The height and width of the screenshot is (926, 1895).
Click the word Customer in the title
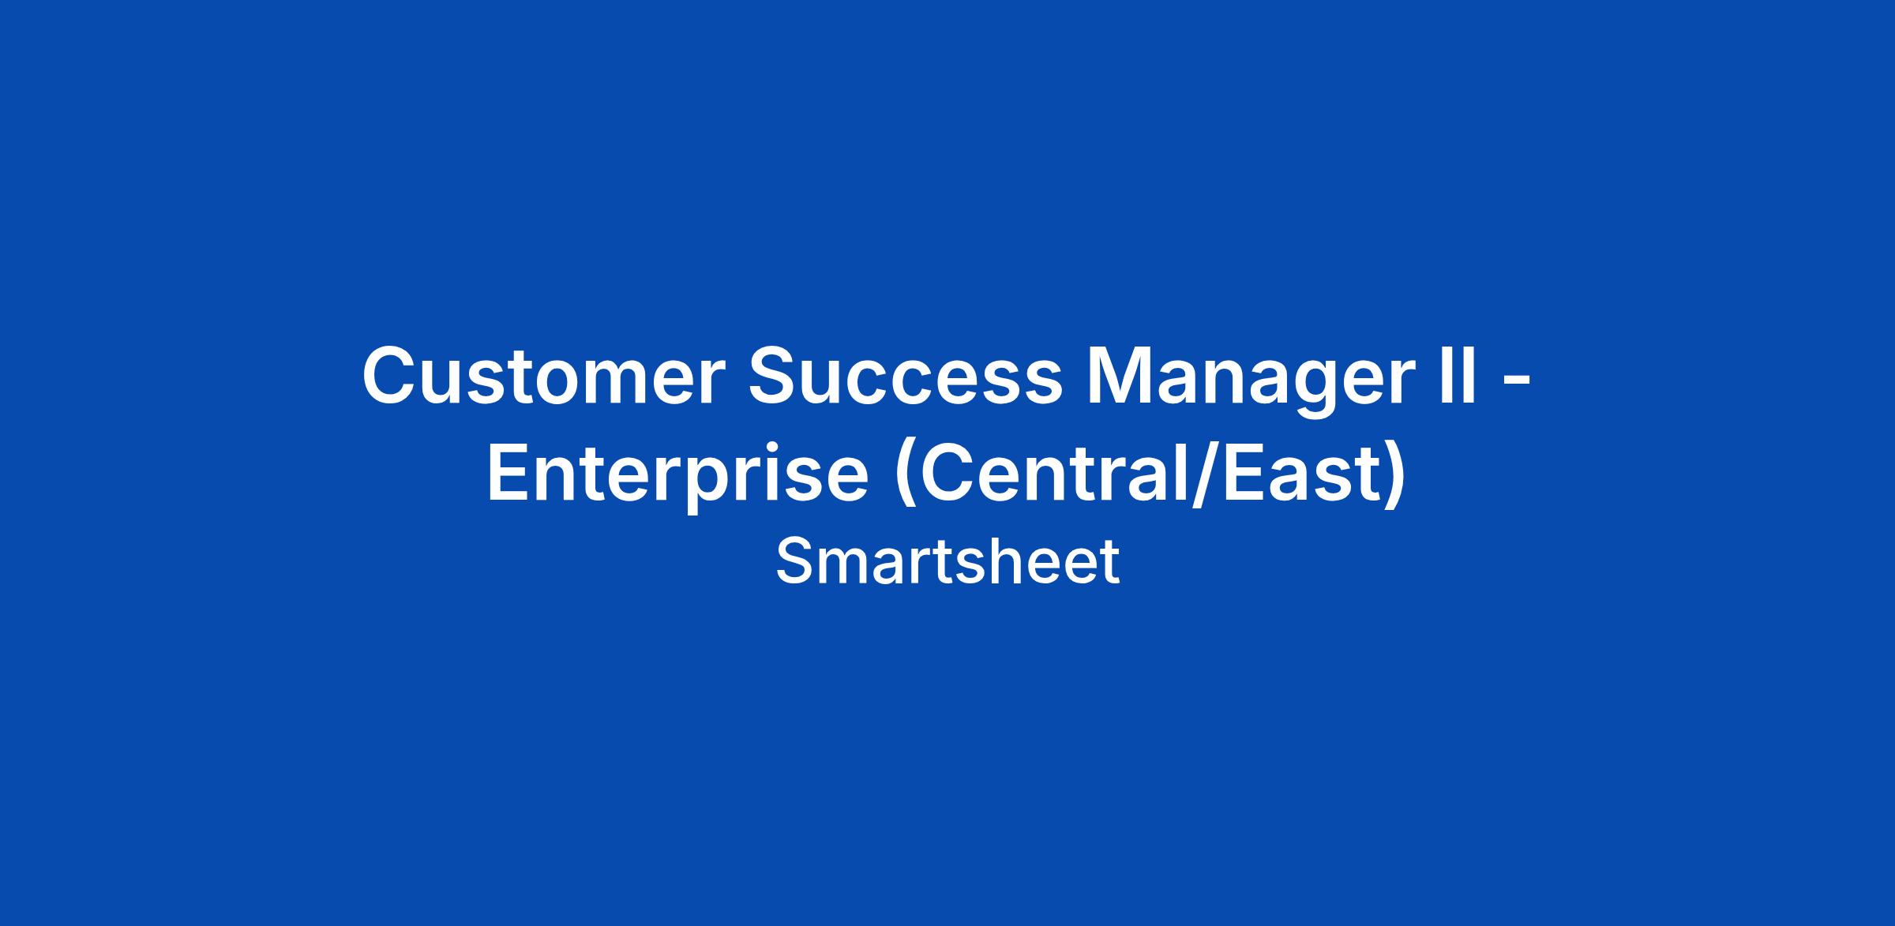pyautogui.click(x=543, y=377)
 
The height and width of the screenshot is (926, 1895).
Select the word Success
pyautogui.click(x=906, y=377)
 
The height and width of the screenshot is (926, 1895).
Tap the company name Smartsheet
pyautogui.click(x=947, y=561)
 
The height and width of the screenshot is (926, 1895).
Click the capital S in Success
pyautogui.click(x=778, y=376)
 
